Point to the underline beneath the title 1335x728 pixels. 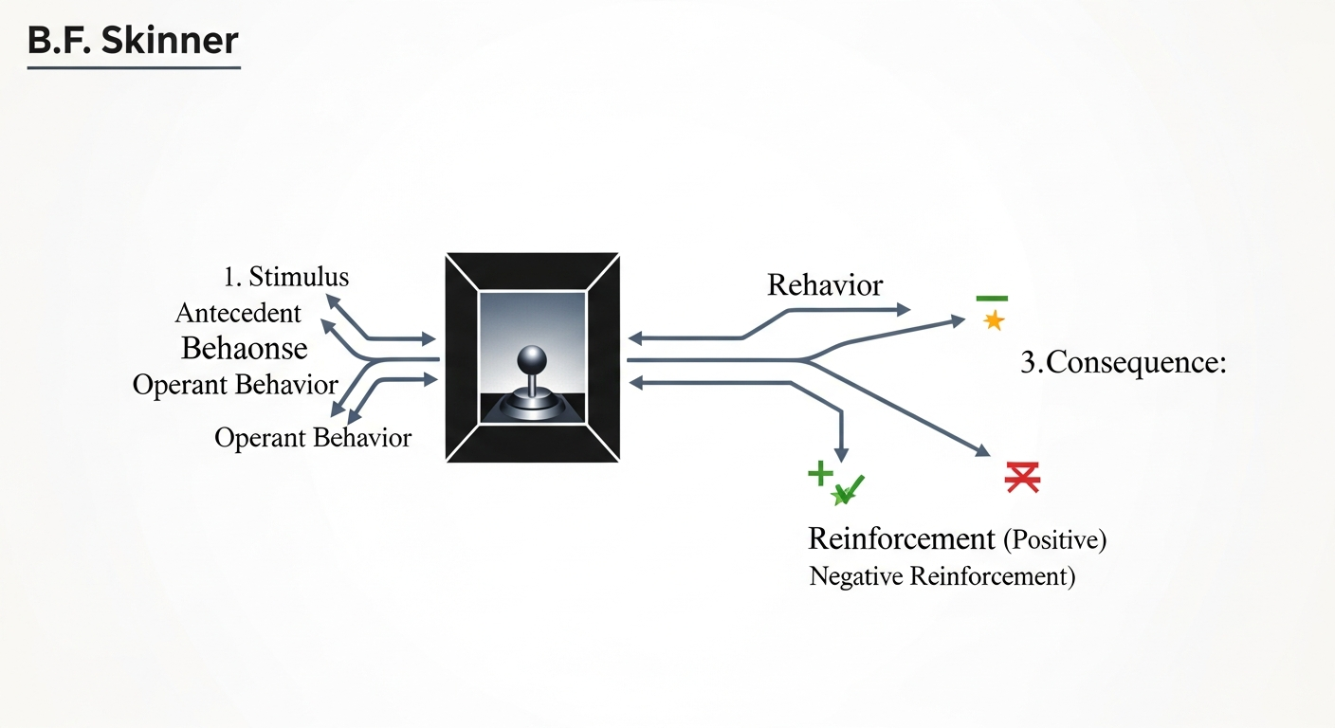tap(133, 67)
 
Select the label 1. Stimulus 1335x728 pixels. tap(286, 277)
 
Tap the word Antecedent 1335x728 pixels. tap(238, 313)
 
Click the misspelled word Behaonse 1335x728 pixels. tap(244, 348)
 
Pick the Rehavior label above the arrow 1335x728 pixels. tap(825, 284)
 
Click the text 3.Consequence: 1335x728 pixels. tap(1124, 363)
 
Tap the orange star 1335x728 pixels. tap(994, 320)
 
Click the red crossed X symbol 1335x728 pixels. tap(1022, 478)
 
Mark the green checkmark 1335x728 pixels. tap(848, 489)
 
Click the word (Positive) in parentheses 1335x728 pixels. tap(1054, 540)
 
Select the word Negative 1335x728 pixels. tap(855, 576)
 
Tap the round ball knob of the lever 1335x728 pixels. tap(531, 359)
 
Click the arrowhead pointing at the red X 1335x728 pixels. tap(985, 449)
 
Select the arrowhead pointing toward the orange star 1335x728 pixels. tap(958, 321)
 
